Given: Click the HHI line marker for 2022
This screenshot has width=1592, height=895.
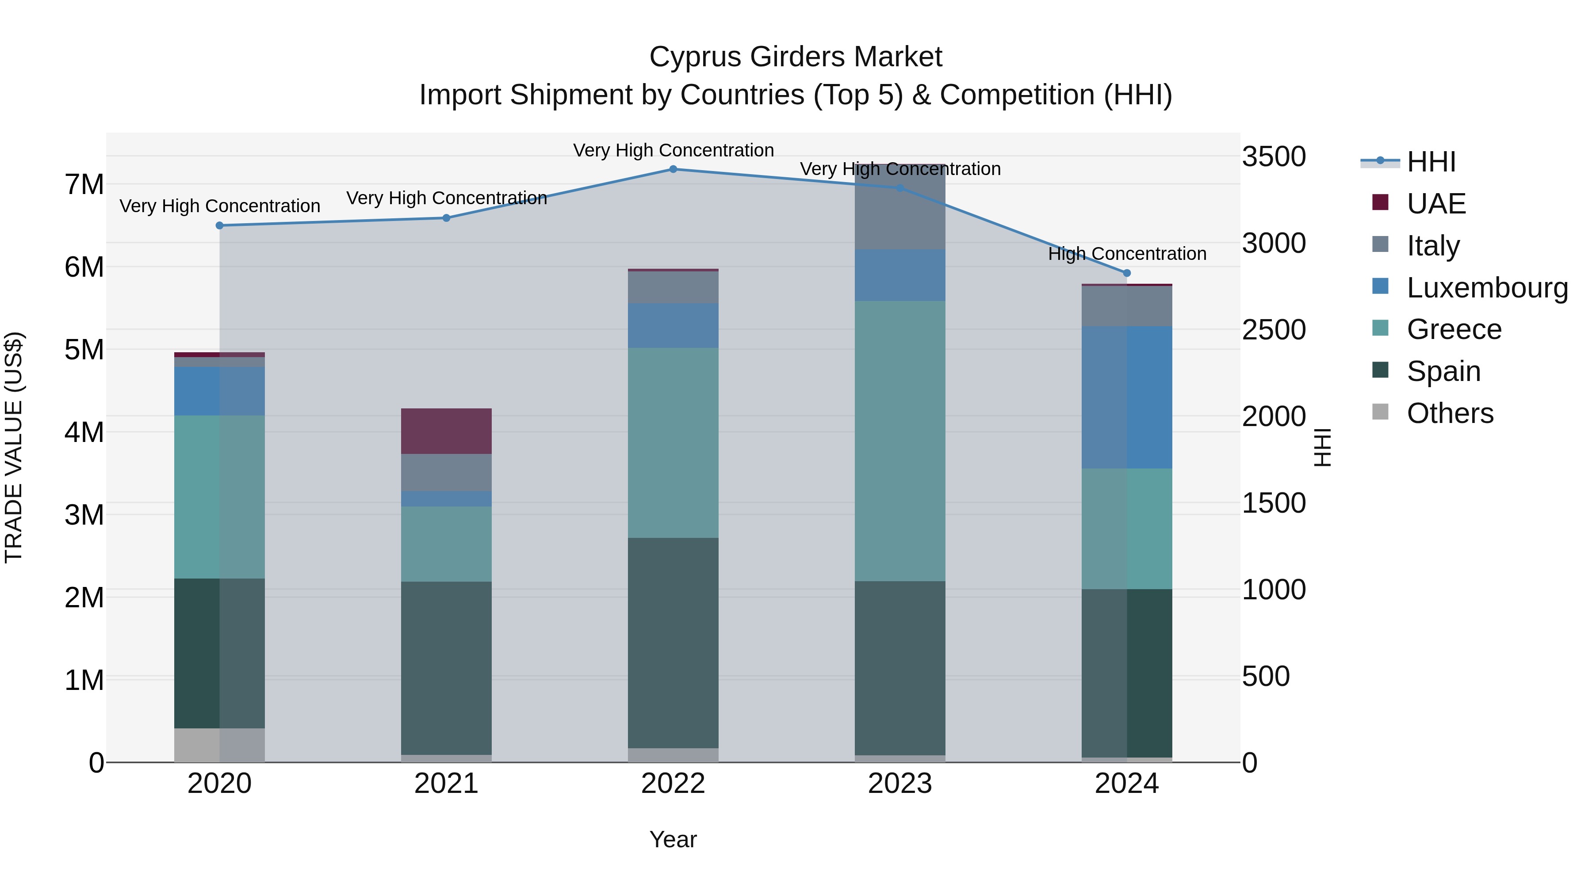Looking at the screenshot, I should pyautogui.click(x=673, y=169).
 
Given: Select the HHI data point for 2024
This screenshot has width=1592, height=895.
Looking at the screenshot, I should pyautogui.click(x=1127, y=273).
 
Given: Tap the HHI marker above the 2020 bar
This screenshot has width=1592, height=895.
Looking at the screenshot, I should pyautogui.click(x=219, y=225).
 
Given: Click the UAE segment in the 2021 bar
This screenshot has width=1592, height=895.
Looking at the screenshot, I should pyautogui.click(x=446, y=431).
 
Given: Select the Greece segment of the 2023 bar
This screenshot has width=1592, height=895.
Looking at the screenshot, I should pyautogui.click(x=900, y=441).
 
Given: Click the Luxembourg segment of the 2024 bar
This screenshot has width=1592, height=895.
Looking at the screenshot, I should pyautogui.click(x=1127, y=397).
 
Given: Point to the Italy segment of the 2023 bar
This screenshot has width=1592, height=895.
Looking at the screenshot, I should pyautogui.click(x=900, y=207).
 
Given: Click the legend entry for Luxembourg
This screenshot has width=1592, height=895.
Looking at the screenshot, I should pyautogui.click(x=1487, y=288).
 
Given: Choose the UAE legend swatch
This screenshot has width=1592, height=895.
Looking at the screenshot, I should pyautogui.click(x=1380, y=202).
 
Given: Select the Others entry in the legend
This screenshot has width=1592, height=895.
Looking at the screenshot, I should pyautogui.click(x=1449, y=413).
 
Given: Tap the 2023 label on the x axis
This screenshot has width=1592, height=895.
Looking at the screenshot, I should pyautogui.click(x=900, y=784).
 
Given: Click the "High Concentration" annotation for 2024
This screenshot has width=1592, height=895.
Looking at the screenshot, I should pyautogui.click(x=1127, y=254).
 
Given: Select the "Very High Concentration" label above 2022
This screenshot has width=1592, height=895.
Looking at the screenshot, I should pyautogui.click(x=673, y=150).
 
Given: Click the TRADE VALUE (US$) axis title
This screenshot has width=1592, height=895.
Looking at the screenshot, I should pyautogui.click(x=14, y=447).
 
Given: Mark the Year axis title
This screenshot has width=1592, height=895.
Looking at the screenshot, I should pyautogui.click(x=673, y=839).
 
